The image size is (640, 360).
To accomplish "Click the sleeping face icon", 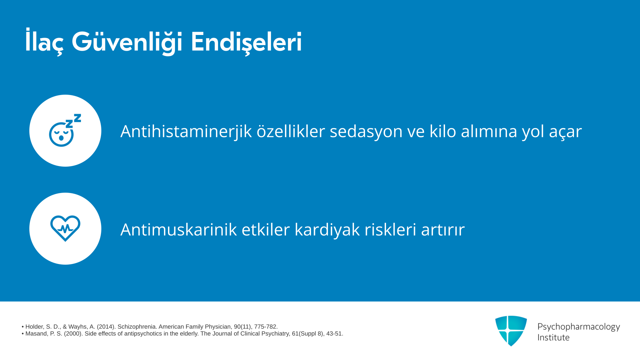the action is (x=65, y=130).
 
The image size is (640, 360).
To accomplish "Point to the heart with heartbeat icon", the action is (x=65, y=228).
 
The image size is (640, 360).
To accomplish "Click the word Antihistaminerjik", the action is (x=186, y=131).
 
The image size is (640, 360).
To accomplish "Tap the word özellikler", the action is (x=291, y=131).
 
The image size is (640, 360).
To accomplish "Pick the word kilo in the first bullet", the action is (x=443, y=131).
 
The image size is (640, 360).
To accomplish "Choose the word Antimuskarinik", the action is (x=179, y=229).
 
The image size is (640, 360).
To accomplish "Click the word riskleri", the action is (x=390, y=229).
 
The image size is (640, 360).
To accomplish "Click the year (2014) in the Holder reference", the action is (x=106, y=327).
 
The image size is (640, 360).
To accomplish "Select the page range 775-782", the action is (x=266, y=327).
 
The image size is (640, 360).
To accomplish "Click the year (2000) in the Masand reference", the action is (x=73, y=334).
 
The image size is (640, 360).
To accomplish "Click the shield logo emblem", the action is (x=511, y=331).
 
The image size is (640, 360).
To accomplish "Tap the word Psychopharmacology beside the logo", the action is (x=579, y=327).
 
